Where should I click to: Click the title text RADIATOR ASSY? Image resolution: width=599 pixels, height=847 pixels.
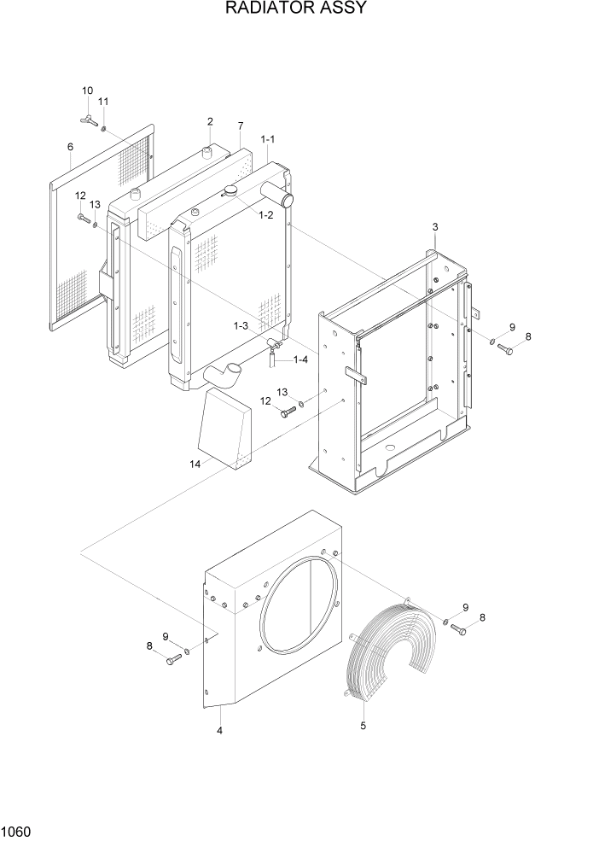[296, 9]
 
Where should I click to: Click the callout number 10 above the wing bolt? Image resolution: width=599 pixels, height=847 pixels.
[88, 91]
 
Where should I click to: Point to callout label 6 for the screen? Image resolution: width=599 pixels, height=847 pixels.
[70, 147]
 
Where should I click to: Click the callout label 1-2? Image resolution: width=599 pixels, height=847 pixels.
[266, 215]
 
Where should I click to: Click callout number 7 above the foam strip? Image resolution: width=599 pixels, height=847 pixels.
[241, 125]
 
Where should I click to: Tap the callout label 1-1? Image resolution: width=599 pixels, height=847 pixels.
[268, 138]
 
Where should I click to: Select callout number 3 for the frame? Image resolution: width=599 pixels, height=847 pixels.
[435, 226]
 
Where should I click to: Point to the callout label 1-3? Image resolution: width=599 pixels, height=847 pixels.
[241, 325]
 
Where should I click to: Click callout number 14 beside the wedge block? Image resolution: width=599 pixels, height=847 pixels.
[195, 464]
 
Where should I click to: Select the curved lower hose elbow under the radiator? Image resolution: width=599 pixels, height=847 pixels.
[224, 373]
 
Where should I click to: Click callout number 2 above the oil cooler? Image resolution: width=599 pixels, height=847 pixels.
[210, 122]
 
